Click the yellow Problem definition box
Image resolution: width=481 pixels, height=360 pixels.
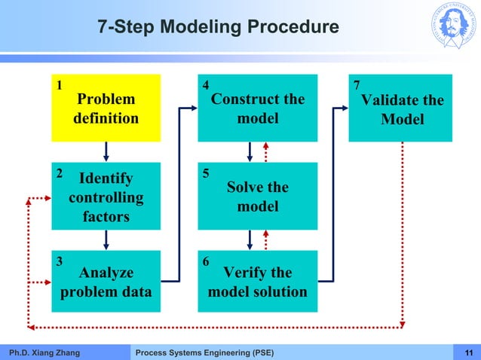[106, 108]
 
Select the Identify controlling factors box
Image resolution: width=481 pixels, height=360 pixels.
[106, 196]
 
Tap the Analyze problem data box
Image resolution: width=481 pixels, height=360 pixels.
[106, 282]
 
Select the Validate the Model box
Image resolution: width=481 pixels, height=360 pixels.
[400, 108]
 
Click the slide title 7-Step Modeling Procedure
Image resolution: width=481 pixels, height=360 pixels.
[219, 29]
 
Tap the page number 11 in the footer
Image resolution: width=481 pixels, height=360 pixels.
[469, 352]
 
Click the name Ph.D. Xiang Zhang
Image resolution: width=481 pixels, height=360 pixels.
[44, 352]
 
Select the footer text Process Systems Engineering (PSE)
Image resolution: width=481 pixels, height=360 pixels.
[204, 352]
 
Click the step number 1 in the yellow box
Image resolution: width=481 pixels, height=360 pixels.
[60, 85]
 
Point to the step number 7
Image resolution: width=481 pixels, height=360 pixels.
[357, 85]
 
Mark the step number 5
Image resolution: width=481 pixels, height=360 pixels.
[207, 173]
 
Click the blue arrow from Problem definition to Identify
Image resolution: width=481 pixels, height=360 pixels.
[106, 151]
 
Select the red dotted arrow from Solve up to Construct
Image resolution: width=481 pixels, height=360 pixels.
[266, 152]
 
